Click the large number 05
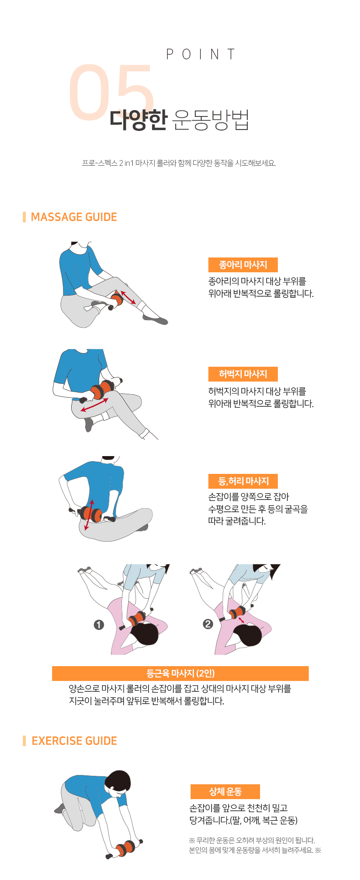111,92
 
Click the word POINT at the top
200,55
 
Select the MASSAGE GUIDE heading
74,217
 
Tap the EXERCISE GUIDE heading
75,741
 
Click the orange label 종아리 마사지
243,265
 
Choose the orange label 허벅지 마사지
243,374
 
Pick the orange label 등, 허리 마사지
243,481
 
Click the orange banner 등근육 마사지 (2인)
180,673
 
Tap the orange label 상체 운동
225,791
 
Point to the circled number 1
99,625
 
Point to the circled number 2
208,624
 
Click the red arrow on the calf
128,297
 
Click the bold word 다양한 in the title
138,119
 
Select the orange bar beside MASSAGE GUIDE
25,217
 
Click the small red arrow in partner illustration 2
241,620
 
